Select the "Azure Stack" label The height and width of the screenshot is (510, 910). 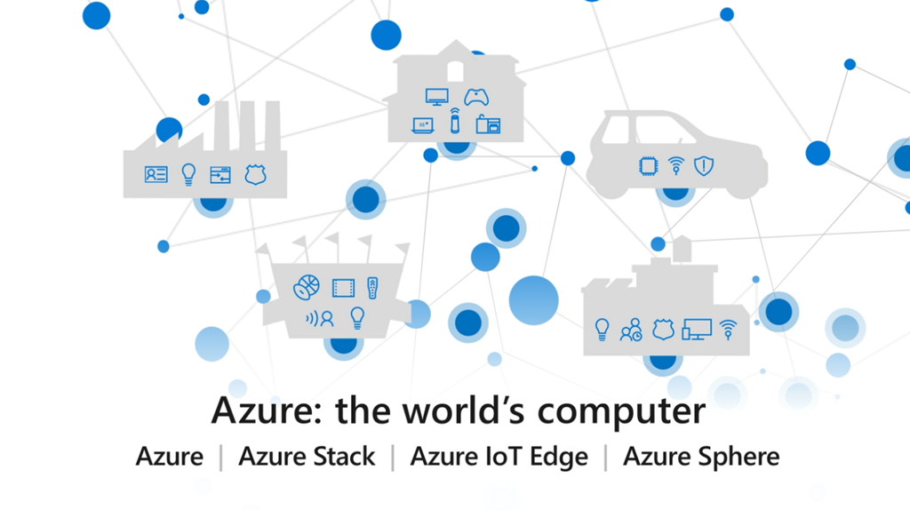coord(307,457)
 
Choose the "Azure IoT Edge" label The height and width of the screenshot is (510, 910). coord(499,457)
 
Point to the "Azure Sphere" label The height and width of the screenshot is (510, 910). coord(701,457)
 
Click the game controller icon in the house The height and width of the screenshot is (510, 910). coord(478,96)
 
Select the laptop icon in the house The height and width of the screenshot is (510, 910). coord(423,125)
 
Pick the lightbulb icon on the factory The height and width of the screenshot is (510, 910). coord(188,174)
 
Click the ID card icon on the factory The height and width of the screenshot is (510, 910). coord(156,174)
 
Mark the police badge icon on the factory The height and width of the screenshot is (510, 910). coord(255,174)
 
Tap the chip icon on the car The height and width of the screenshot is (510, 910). coord(648,165)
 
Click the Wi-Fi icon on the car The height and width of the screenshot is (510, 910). coord(676,165)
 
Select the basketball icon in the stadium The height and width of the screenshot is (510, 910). coord(306,287)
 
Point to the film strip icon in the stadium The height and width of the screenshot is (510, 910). coord(343,287)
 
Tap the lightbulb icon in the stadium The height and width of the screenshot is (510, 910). coord(357,316)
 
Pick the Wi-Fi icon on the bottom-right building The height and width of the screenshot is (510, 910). coord(729,330)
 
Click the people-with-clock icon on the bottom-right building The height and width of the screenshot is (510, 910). coord(631,331)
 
